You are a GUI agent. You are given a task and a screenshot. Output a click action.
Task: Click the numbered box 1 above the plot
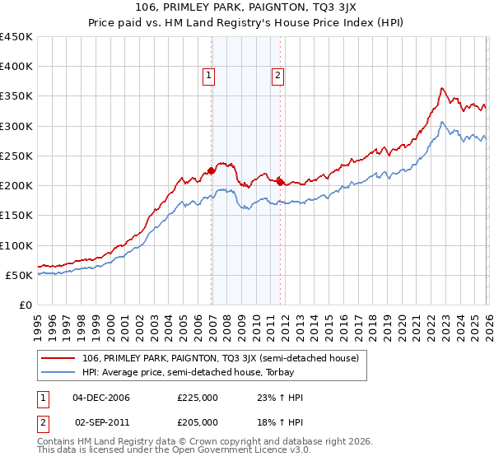click(x=209, y=76)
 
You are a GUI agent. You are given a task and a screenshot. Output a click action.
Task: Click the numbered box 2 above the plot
click(x=278, y=76)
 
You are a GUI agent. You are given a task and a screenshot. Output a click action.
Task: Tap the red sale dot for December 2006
click(x=212, y=170)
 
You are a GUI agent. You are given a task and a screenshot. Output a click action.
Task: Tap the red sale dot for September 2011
click(x=281, y=182)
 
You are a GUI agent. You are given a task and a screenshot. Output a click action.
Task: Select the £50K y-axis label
click(x=19, y=275)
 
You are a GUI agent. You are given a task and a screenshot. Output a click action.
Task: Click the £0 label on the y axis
click(x=25, y=305)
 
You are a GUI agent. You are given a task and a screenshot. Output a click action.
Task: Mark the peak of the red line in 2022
click(x=442, y=88)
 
